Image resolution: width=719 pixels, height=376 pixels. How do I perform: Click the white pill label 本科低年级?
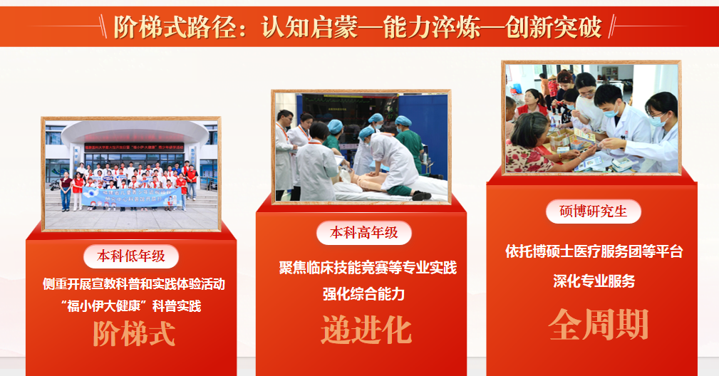(x=131, y=256)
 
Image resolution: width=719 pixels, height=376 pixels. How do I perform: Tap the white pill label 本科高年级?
(x=364, y=232)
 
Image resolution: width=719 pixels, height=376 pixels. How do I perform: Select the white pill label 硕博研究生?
(x=594, y=211)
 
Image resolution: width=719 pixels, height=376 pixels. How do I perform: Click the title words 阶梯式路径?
(x=172, y=27)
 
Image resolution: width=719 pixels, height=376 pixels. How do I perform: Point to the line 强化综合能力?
(x=363, y=294)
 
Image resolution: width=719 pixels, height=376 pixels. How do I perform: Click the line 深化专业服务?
(x=594, y=281)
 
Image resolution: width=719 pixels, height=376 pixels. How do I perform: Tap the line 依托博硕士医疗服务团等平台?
(x=594, y=251)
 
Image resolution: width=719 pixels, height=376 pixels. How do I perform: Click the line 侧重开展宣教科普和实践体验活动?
(x=134, y=284)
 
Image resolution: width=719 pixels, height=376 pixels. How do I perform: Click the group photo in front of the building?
(x=132, y=174)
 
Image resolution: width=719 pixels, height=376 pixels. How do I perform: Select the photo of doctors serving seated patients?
(x=591, y=117)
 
